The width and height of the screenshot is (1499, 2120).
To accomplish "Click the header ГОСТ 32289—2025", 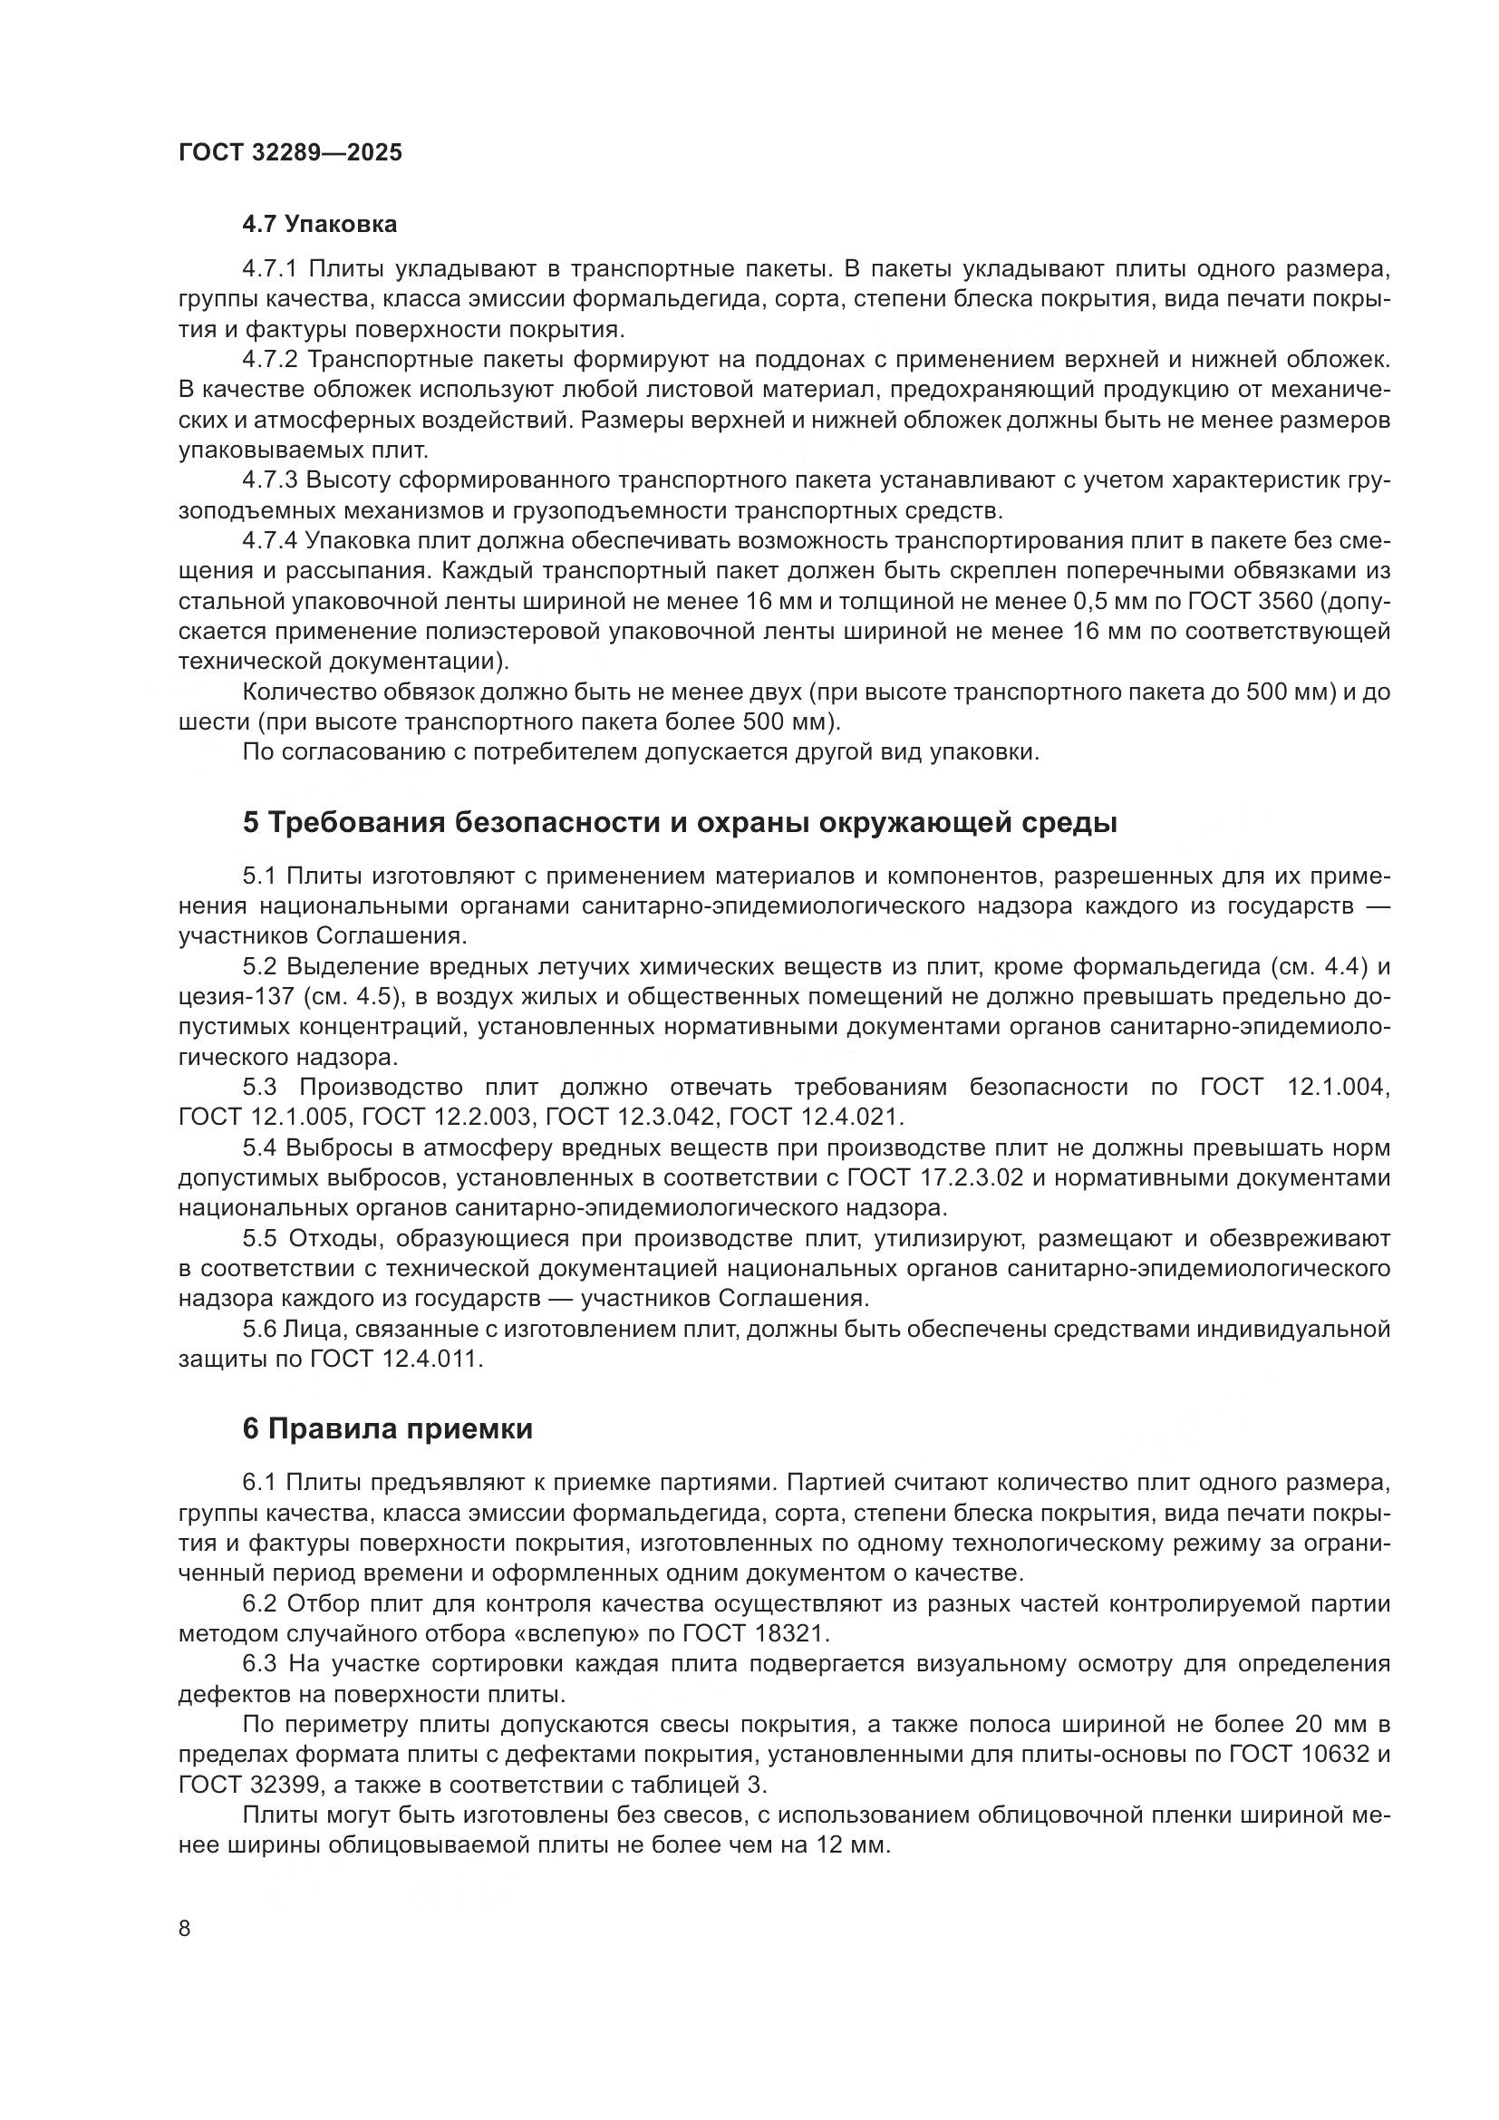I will [x=290, y=152].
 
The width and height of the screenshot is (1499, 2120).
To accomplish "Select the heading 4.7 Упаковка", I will [x=319, y=225].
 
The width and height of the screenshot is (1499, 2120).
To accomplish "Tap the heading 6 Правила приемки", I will [x=388, y=1429].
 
